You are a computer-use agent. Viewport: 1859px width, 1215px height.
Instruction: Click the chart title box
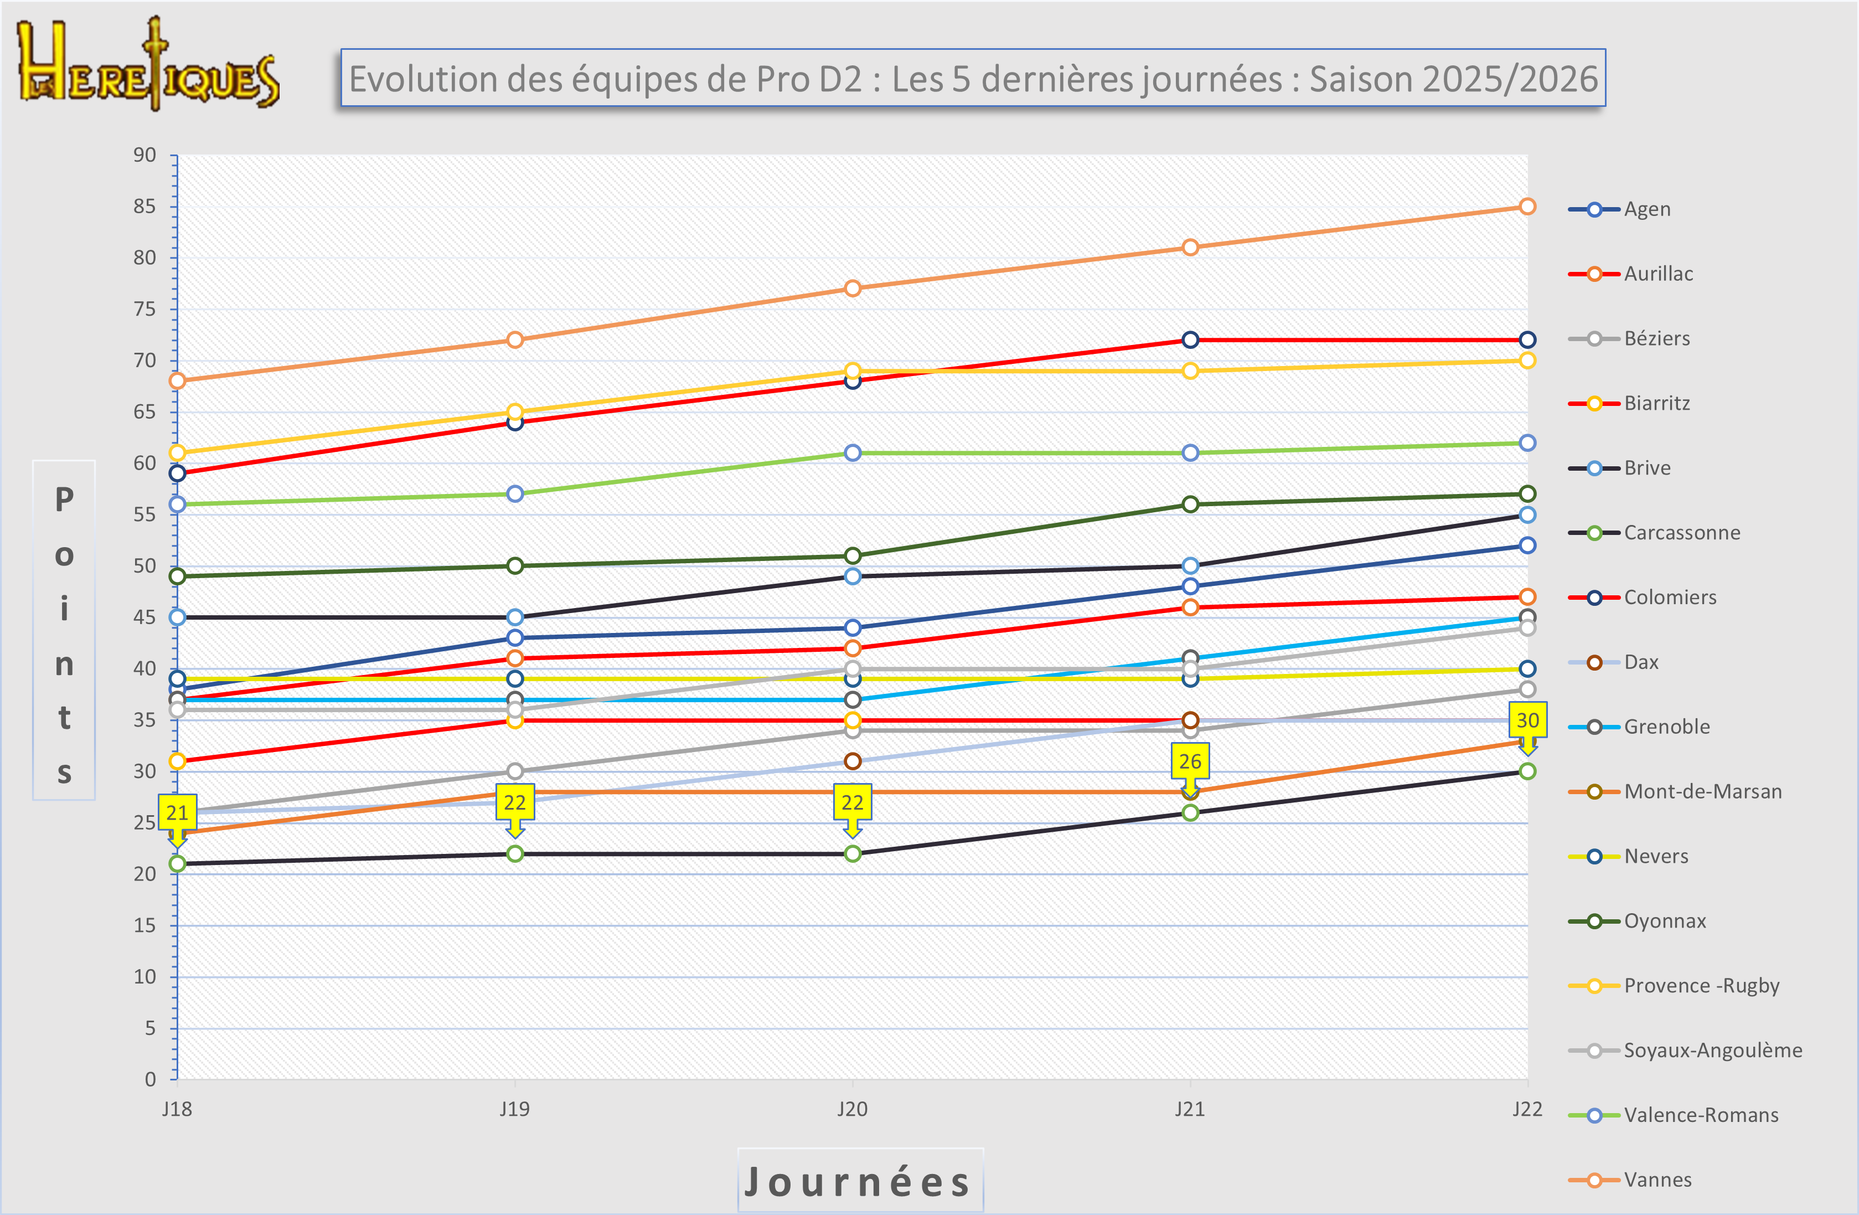pos(973,78)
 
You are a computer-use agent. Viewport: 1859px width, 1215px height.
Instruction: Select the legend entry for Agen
pos(1646,209)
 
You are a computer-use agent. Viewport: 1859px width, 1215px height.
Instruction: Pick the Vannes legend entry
pos(1657,1180)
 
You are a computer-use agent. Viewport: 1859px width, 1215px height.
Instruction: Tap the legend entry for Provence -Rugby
pos(1701,986)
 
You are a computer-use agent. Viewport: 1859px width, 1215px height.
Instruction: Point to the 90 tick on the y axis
pos(144,155)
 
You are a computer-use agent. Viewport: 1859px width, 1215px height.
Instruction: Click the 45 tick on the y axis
pos(144,617)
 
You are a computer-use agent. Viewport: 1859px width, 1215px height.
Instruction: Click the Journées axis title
pos(859,1181)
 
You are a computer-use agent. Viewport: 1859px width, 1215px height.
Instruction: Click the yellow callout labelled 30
pos(1527,720)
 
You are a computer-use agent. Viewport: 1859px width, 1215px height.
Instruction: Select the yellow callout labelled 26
pos(1190,762)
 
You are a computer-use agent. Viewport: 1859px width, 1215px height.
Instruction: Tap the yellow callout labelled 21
pos(177,812)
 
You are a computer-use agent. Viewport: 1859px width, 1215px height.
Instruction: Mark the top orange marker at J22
pos(1527,206)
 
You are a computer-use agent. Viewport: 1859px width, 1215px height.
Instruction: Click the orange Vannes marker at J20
pos(852,289)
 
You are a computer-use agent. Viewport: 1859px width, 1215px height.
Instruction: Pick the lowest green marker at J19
pos(515,853)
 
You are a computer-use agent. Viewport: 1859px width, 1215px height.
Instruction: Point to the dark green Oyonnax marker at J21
pos(1190,504)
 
